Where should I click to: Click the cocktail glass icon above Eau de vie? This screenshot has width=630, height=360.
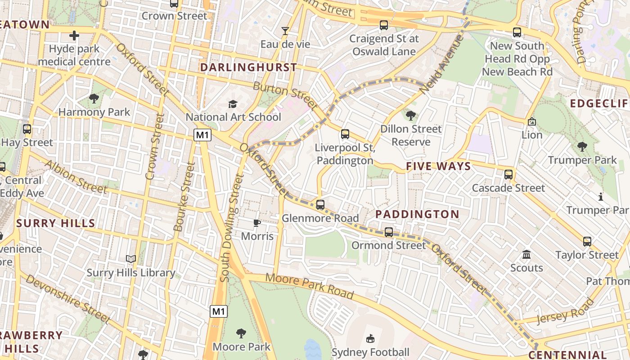point(285,31)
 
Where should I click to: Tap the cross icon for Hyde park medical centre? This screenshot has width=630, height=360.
point(74,35)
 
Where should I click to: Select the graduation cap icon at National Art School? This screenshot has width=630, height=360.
point(233,104)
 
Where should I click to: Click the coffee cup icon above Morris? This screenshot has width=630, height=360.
point(257,223)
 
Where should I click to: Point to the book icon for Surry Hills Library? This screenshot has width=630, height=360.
point(131,259)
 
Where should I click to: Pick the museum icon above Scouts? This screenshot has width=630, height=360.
point(526,255)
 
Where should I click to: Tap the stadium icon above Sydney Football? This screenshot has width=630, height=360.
point(370,338)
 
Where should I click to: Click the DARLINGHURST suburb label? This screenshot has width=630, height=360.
point(248,67)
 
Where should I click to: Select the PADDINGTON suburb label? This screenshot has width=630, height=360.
point(417,214)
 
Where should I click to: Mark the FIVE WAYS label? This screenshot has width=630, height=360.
point(438,166)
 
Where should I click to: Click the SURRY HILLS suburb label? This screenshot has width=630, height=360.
point(56,223)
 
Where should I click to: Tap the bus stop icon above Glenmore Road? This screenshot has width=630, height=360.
point(320,205)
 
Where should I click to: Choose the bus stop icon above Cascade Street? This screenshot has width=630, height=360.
point(508,175)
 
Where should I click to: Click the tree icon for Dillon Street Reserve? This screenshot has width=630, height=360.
point(410,116)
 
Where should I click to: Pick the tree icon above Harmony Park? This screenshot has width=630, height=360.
point(94,99)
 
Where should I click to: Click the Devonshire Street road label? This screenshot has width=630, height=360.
point(67,299)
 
